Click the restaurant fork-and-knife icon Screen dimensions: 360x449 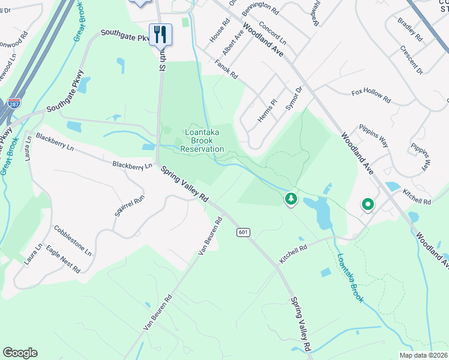pyautogui.click(x=160, y=34)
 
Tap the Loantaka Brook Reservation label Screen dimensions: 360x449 pyautogui.click(x=202, y=141)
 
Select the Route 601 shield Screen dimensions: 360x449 pyautogui.click(x=243, y=232)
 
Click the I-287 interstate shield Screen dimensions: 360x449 pyautogui.click(x=14, y=103)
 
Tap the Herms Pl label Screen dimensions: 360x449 pyautogui.click(x=266, y=111)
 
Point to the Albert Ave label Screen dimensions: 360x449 pyautogui.click(x=233, y=44)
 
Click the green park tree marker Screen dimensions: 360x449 pyautogui.click(x=291, y=199)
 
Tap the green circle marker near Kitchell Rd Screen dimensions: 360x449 pyautogui.click(x=367, y=205)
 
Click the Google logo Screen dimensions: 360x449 pyautogui.click(x=20, y=353)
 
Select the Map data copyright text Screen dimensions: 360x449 pyautogui.click(x=424, y=355)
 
